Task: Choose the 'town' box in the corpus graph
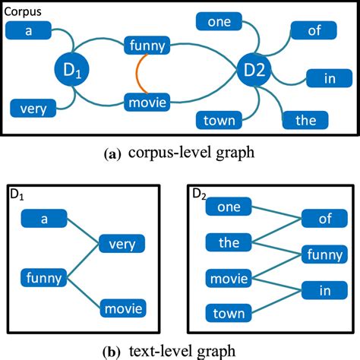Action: [x=219, y=120]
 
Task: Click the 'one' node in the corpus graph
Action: [x=219, y=22]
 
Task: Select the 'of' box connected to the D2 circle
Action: [x=312, y=32]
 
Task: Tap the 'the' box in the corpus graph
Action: [x=305, y=120]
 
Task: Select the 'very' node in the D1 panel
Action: [x=122, y=245]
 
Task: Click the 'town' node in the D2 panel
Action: [x=229, y=311]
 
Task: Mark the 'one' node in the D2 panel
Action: [x=229, y=207]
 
